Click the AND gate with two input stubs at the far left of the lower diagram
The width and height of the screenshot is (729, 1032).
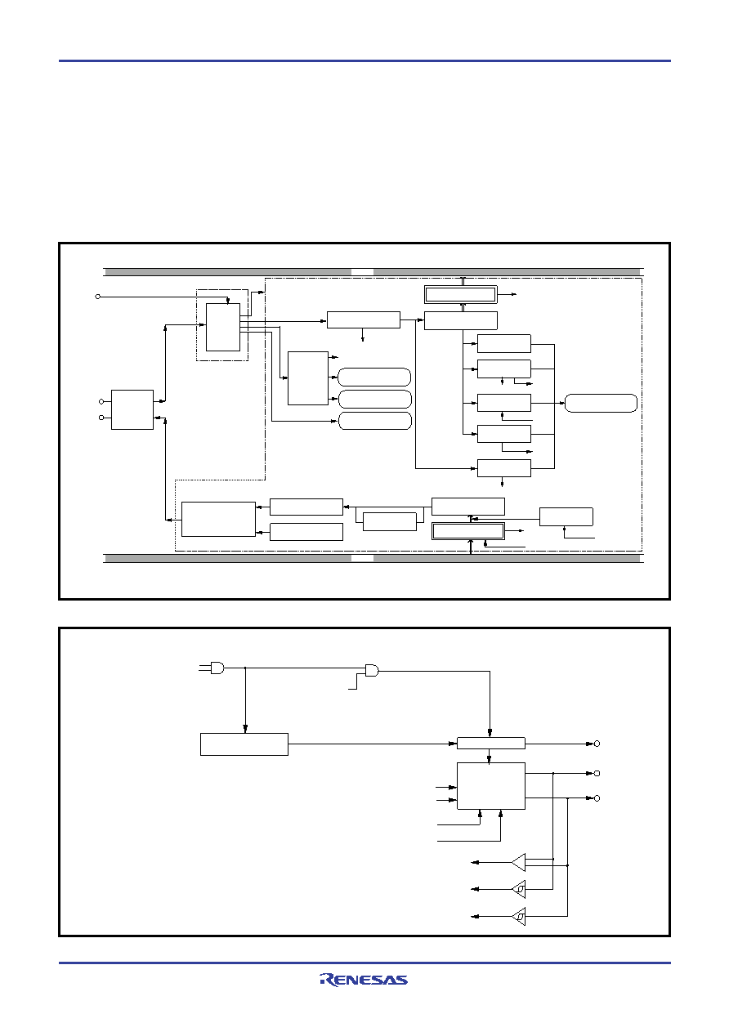click(217, 668)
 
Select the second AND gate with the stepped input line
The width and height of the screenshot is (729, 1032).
click(372, 670)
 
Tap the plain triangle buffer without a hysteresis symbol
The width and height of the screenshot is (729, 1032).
click(518, 863)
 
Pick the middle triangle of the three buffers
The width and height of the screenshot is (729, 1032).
click(519, 889)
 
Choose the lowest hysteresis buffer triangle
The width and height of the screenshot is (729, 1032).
click(519, 916)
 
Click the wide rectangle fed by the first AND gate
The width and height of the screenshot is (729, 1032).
click(244, 744)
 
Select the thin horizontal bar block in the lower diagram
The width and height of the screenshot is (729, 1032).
click(490, 743)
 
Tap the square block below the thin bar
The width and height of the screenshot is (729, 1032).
click(490, 785)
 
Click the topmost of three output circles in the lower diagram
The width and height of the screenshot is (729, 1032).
click(597, 744)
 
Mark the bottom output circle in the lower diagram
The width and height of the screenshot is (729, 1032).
click(597, 798)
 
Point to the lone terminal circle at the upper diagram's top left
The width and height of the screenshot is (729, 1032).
click(98, 297)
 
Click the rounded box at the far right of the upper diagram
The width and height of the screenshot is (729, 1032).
click(601, 403)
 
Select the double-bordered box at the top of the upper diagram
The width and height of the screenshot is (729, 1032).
click(461, 294)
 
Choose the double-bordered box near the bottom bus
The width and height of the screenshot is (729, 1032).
click(468, 531)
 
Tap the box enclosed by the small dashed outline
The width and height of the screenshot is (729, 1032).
click(223, 327)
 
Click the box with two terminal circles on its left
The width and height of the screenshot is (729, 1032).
click(132, 409)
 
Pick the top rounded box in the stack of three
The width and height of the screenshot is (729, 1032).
click(374, 377)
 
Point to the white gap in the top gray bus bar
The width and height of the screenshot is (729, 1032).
click(362, 272)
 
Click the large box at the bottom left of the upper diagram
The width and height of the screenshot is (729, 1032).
click(218, 519)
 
